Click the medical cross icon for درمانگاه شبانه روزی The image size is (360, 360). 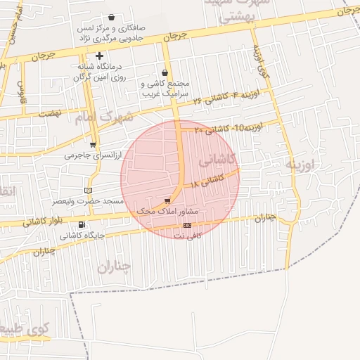(x=100, y=55)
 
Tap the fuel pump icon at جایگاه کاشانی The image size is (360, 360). (x=82, y=225)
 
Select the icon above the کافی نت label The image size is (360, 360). (x=186, y=225)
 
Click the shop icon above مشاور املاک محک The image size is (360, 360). (x=167, y=200)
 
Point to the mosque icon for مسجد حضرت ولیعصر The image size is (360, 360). (x=88, y=190)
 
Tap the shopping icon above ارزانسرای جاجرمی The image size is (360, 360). (x=93, y=145)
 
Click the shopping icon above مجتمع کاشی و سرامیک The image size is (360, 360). (x=165, y=72)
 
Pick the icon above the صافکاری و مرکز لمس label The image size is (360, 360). (x=111, y=17)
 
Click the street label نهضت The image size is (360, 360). (x=50, y=113)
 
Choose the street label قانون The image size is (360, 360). (x=22, y=89)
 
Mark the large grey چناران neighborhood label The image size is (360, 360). (x=113, y=266)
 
